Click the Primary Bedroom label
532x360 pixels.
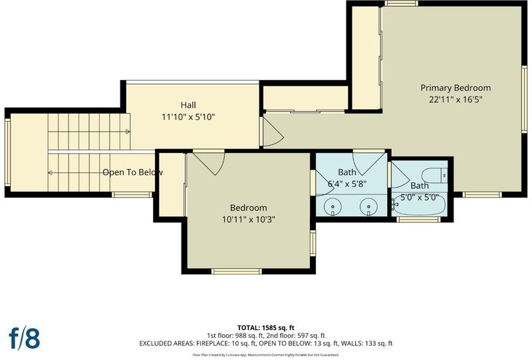456,88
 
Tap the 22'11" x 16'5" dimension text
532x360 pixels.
456,100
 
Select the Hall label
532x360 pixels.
188,105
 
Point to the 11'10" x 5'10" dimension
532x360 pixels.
188,117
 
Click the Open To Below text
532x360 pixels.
132,172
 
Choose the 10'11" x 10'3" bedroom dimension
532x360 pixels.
248,220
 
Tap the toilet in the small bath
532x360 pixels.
435,175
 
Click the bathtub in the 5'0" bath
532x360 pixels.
420,207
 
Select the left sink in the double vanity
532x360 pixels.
332,207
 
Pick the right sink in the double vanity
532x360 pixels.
369,207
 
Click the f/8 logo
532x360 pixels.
24,337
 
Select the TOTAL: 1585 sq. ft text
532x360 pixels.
265,328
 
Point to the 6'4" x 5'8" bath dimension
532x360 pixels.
347,184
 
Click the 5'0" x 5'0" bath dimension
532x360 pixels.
420,198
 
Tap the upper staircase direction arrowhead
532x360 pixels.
128,132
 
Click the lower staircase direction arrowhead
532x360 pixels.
51,173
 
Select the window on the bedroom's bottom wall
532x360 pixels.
237,271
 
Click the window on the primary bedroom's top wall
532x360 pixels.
402,3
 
